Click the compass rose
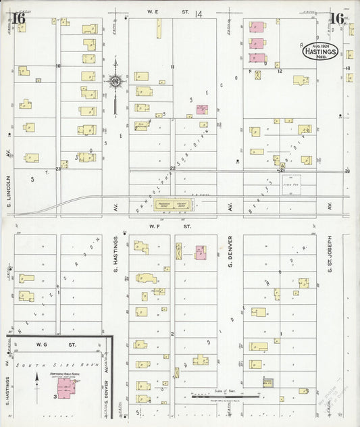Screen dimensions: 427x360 [115, 82]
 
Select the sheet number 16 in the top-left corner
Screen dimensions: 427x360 [19, 18]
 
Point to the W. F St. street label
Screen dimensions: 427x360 [158, 227]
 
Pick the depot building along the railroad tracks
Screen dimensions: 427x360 [173, 203]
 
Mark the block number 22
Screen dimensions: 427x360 [173, 168]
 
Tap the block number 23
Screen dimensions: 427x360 [58, 170]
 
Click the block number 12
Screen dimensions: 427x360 [279, 71]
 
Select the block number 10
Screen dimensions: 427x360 [58, 66]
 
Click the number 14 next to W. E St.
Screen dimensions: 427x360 [198, 14]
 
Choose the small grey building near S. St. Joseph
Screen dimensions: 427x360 [267, 382]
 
